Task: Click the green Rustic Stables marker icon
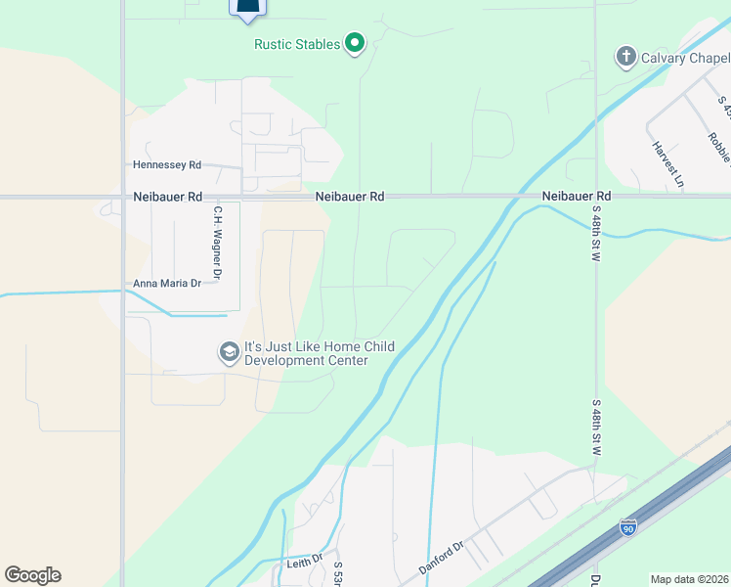(x=355, y=44)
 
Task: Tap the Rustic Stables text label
(x=297, y=44)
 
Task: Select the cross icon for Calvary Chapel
(x=625, y=57)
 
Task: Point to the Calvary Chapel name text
(x=685, y=58)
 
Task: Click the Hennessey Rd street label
(x=167, y=165)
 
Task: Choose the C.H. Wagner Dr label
(x=219, y=239)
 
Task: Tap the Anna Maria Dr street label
(x=167, y=284)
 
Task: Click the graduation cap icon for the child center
(x=230, y=352)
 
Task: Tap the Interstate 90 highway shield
(x=628, y=528)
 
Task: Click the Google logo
(x=32, y=575)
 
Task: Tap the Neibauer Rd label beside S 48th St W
(x=577, y=197)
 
